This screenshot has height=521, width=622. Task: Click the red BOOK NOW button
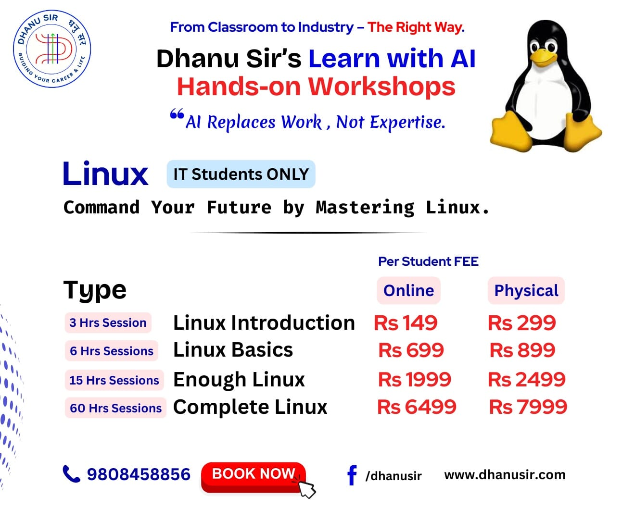pyautogui.click(x=253, y=477)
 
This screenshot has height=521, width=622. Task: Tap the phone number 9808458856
pyautogui.click(x=139, y=474)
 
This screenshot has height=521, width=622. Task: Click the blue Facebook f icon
pyautogui.click(x=352, y=475)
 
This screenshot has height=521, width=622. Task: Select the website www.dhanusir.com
pyautogui.click(x=505, y=474)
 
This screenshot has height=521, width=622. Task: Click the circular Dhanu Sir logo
pyautogui.click(x=52, y=49)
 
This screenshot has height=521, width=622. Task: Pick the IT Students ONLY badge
pyautogui.click(x=241, y=174)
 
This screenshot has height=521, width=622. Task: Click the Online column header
pyautogui.click(x=409, y=290)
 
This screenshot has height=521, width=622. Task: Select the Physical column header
pyautogui.click(x=526, y=290)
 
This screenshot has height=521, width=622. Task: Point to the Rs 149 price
pyautogui.click(x=406, y=323)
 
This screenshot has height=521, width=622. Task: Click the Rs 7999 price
pyautogui.click(x=528, y=407)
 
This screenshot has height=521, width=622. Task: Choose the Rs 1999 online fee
pyautogui.click(x=414, y=379)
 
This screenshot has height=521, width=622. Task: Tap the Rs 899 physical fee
pyautogui.click(x=522, y=350)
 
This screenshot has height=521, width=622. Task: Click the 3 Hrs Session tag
pyautogui.click(x=108, y=323)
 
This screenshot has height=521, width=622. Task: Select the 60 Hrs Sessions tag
pyautogui.click(x=115, y=408)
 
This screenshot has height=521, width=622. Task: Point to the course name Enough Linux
pyautogui.click(x=239, y=380)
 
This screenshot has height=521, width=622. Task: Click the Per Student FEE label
pyautogui.click(x=428, y=261)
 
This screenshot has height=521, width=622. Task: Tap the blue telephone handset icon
pyautogui.click(x=72, y=474)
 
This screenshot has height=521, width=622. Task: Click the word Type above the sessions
pyautogui.click(x=95, y=290)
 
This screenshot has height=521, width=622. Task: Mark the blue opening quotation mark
pyautogui.click(x=177, y=114)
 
